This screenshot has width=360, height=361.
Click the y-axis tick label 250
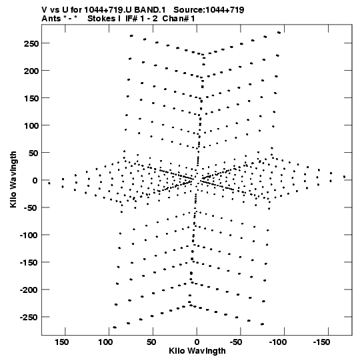click(31, 43)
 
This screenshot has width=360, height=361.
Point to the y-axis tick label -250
click(29, 317)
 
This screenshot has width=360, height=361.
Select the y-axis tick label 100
click(31, 125)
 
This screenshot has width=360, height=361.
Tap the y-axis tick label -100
click(29, 235)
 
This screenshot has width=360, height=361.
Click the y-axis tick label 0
click(35, 180)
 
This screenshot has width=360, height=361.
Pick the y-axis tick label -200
click(29, 290)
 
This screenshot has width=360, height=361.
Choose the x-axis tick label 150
click(61, 342)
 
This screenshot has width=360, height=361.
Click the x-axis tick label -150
click(321, 342)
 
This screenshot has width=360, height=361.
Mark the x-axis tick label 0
click(197, 342)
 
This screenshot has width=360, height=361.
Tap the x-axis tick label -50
click(236, 342)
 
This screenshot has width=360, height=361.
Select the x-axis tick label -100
click(277, 342)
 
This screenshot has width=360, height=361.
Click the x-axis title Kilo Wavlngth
click(197, 351)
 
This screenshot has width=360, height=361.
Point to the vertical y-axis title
click(13, 179)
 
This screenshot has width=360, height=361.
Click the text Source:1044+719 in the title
click(209, 10)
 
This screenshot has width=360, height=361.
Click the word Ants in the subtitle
click(51, 19)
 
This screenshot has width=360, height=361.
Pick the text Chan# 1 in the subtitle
click(179, 19)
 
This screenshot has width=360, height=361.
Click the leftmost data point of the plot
click(49, 184)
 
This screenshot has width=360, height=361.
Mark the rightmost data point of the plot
click(344, 177)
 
